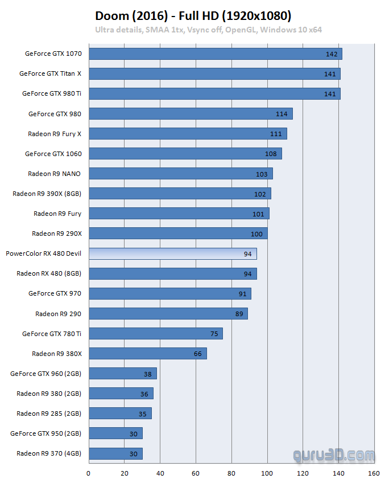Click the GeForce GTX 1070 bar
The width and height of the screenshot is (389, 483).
(215, 54)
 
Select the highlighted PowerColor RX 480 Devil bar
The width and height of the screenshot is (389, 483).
(173, 253)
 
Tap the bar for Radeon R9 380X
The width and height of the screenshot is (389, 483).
(148, 354)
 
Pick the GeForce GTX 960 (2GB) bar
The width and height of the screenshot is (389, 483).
(123, 374)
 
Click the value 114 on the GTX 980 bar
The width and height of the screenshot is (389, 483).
(282, 114)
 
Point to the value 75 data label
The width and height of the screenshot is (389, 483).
(214, 334)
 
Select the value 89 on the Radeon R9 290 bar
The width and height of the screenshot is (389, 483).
(239, 314)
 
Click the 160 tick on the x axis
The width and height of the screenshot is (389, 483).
(374, 473)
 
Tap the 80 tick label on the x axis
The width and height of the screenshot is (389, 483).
(231, 473)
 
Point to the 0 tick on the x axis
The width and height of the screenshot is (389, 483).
(89, 473)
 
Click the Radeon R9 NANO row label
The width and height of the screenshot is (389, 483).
(55, 174)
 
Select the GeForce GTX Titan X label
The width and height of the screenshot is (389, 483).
(50, 73)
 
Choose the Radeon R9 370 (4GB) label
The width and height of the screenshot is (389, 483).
(49, 453)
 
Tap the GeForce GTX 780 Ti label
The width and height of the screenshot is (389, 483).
(52, 334)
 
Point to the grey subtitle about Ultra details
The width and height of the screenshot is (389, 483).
(208, 30)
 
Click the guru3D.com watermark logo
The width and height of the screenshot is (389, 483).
(334, 455)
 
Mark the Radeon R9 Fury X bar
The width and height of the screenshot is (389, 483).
(188, 134)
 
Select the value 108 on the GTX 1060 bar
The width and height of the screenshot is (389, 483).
(271, 154)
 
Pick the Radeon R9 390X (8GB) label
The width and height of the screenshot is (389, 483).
(47, 194)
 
